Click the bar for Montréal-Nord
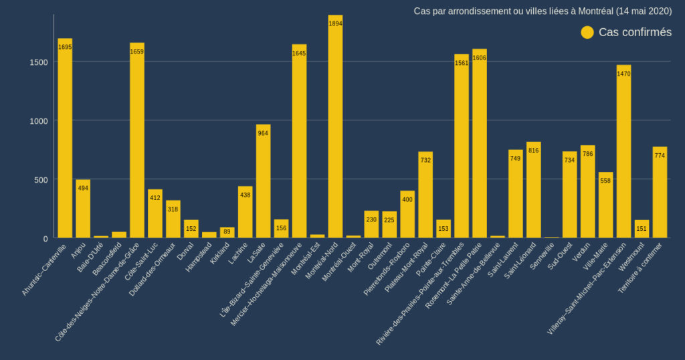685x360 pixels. pyautogui.click(x=335, y=126)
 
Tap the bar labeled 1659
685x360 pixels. pyautogui.click(x=137, y=141)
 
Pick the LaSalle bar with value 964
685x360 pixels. pyautogui.click(x=263, y=181)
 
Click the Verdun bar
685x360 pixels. pyautogui.click(x=587, y=191)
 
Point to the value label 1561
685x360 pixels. pyautogui.click(x=462, y=64)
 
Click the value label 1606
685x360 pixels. pyautogui.click(x=480, y=58)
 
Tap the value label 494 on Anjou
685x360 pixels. pyautogui.click(x=83, y=188)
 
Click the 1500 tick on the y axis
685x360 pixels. pyautogui.click(x=39, y=62)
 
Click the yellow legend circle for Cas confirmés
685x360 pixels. pyautogui.click(x=587, y=32)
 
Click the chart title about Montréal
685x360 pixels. pyautogui.click(x=543, y=11)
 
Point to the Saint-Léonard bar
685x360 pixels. pyautogui.click(x=533, y=190)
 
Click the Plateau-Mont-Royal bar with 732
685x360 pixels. pyautogui.click(x=425, y=195)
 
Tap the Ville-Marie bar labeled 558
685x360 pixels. pyautogui.click(x=605, y=205)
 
